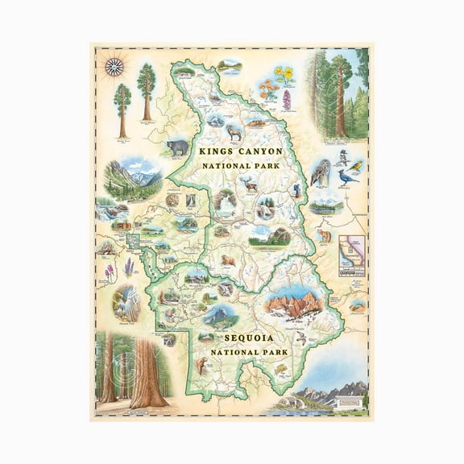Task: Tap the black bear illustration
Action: [x=177, y=147]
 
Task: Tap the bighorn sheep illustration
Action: [x=234, y=130]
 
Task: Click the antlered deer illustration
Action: [x=251, y=184]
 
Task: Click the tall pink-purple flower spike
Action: [x=286, y=100]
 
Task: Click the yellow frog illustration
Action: [x=281, y=368]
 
